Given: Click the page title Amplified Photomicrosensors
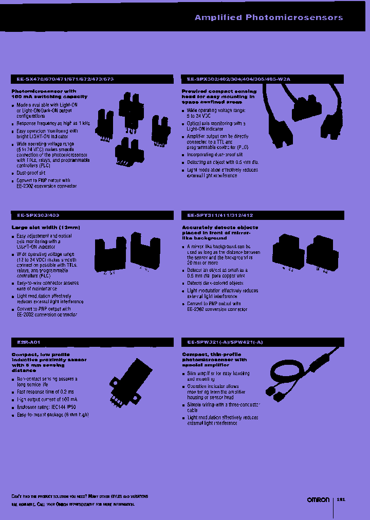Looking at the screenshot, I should pos(268,17).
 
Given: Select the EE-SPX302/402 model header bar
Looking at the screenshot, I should pos(239,79).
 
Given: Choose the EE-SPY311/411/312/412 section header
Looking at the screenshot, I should pos(220,215).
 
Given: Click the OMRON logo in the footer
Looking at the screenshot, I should pos(318,500).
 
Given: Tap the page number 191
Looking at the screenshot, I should pos(341,499).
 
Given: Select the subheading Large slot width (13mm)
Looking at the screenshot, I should pos(46,227).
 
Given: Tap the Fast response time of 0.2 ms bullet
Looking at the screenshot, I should pos(46,392).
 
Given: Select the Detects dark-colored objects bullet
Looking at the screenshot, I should pos(215,283).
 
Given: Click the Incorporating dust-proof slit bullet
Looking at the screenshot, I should pos(215,155).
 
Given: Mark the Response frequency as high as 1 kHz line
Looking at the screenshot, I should pos(53,124).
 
